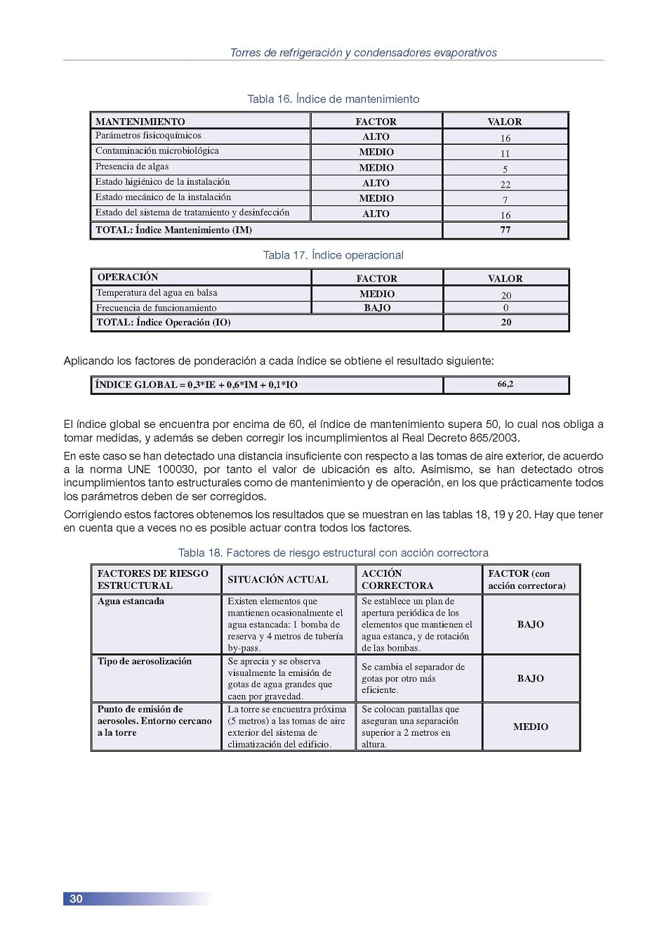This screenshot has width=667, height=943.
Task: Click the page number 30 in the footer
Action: point(76,899)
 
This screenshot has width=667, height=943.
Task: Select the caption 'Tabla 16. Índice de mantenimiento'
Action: point(333,99)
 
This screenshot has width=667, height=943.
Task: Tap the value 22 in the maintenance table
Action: point(505,184)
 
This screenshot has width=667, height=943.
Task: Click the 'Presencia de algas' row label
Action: point(132,167)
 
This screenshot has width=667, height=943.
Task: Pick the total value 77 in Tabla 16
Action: point(505,230)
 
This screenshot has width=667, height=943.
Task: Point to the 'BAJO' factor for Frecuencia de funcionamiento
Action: point(377,308)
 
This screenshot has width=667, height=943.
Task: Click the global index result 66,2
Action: point(505,384)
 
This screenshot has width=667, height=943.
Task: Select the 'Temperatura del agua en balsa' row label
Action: point(157,292)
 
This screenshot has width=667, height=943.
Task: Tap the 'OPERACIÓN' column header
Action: point(128,277)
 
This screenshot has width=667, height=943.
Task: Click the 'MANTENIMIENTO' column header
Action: point(140,122)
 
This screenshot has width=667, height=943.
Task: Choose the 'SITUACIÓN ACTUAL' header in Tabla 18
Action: point(278,580)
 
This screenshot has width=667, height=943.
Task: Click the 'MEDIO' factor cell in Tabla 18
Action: point(530,727)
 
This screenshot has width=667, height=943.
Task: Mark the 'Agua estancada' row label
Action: point(131,601)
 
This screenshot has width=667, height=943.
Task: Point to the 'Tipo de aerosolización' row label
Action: point(144,661)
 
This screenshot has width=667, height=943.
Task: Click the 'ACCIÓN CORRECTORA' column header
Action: point(397,579)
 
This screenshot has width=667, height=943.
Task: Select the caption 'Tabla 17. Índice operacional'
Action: point(333,255)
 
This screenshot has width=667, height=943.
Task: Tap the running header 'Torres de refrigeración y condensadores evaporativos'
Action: point(363,53)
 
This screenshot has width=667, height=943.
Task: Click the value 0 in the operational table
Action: point(506,308)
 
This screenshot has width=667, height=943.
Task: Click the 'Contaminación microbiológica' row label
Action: point(157,151)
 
